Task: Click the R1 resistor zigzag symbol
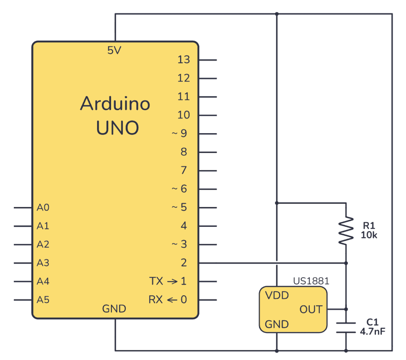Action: tap(346, 230)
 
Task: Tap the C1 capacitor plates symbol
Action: tap(346, 327)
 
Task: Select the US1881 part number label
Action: tap(311, 281)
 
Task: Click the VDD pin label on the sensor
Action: tap(277, 295)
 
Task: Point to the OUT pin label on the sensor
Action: tap(311, 309)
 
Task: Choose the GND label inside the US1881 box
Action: tap(277, 324)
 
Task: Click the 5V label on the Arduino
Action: tap(115, 50)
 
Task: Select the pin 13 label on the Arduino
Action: tap(184, 60)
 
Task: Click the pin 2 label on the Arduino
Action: tap(184, 262)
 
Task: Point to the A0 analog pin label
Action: tap(43, 207)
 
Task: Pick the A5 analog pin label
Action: tap(43, 300)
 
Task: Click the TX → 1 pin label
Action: tap(168, 281)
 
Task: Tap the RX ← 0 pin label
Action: tap(168, 300)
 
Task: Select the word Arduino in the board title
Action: tap(115, 104)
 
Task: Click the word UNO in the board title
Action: tap(117, 128)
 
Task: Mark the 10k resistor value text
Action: tap(369, 235)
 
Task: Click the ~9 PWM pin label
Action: tap(179, 133)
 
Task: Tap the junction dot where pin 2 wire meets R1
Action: tap(346, 262)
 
